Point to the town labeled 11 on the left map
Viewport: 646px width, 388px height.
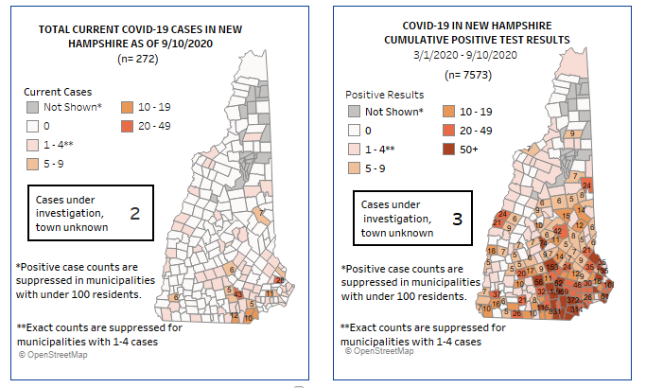(x=269, y=294)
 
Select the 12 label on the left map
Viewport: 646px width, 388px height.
(x=234, y=316)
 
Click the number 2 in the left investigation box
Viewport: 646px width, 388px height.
(x=134, y=213)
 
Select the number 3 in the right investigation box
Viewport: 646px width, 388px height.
(x=458, y=220)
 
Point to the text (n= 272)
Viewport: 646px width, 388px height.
(x=138, y=59)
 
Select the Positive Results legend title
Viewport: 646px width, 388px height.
(x=384, y=96)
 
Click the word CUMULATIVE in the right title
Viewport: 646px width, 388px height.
(x=421, y=41)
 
